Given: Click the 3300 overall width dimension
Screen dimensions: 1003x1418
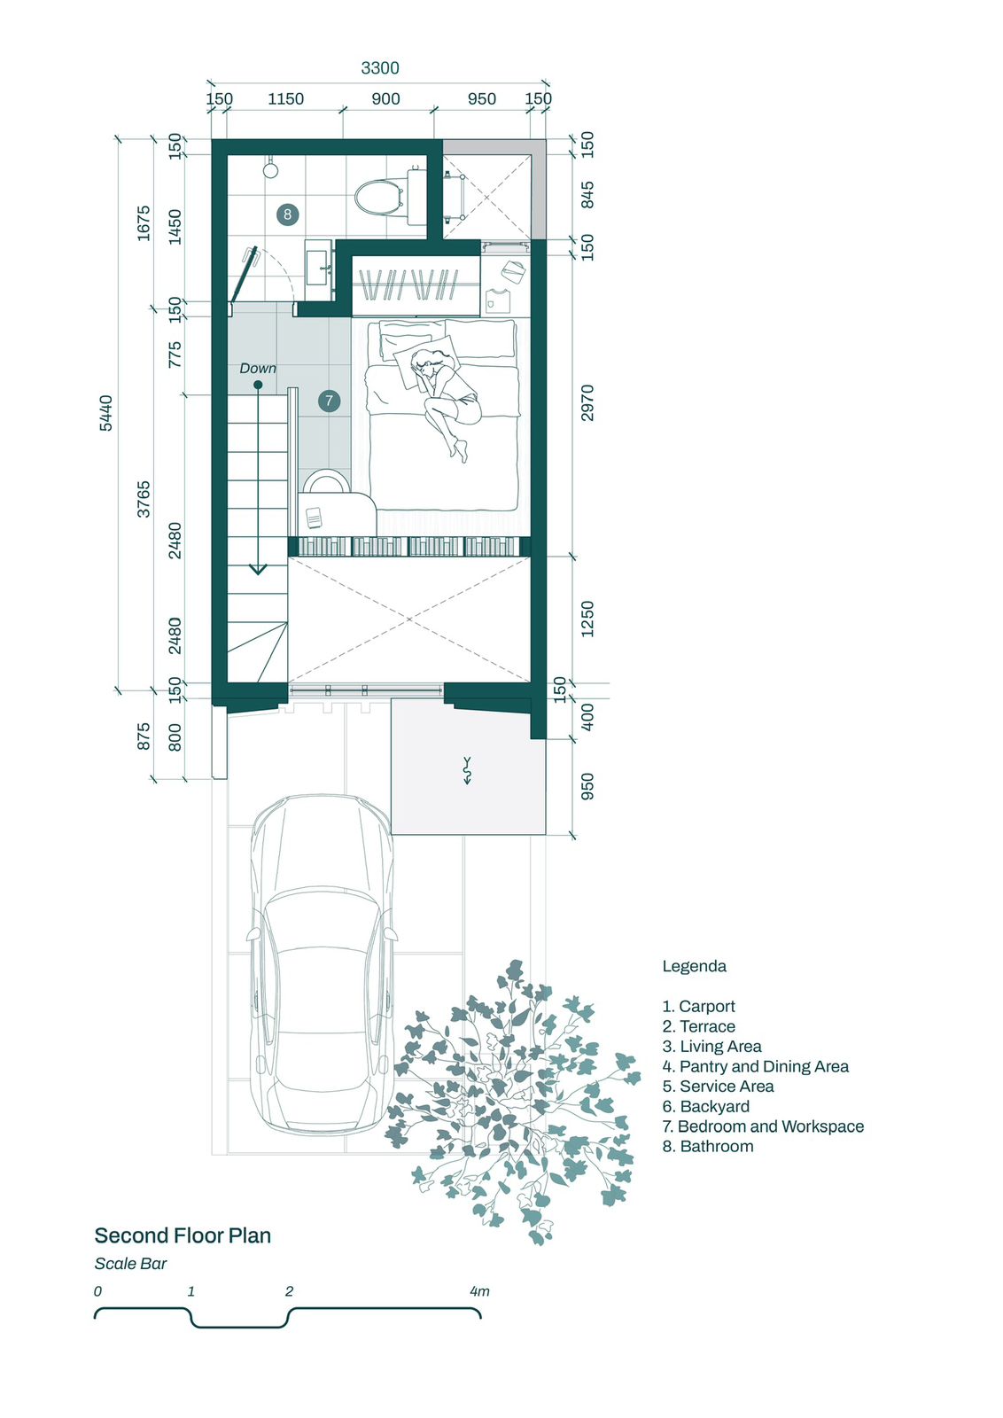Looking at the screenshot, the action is pyautogui.click(x=380, y=67).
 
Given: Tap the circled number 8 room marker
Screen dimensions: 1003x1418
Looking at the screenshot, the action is pyautogui.click(x=287, y=214).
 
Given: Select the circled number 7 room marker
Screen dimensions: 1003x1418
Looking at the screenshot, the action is pyautogui.click(x=329, y=400).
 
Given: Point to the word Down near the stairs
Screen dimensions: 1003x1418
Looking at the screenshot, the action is pyautogui.click(x=258, y=368).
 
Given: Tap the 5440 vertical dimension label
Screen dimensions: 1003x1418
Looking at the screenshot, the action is pyautogui.click(x=106, y=413).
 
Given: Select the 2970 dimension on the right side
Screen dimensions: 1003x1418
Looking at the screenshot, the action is pyautogui.click(x=587, y=402).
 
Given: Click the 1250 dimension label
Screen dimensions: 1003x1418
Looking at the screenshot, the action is pyautogui.click(x=587, y=619).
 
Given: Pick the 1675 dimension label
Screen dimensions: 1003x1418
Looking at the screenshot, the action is pyautogui.click(x=144, y=222).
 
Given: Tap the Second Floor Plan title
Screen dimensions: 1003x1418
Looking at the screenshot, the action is pyautogui.click(x=183, y=1235).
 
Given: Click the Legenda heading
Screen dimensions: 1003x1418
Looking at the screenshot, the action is pyautogui.click(x=694, y=966).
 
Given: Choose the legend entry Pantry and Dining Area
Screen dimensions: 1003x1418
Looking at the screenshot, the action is pyautogui.click(x=756, y=1066).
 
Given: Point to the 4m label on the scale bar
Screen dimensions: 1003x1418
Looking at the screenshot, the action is pyautogui.click(x=479, y=1290).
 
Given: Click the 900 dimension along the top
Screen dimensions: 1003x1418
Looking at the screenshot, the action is pyautogui.click(x=385, y=98).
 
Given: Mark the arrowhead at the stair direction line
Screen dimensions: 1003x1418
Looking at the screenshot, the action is pyautogui.click(x=258, y=569).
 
